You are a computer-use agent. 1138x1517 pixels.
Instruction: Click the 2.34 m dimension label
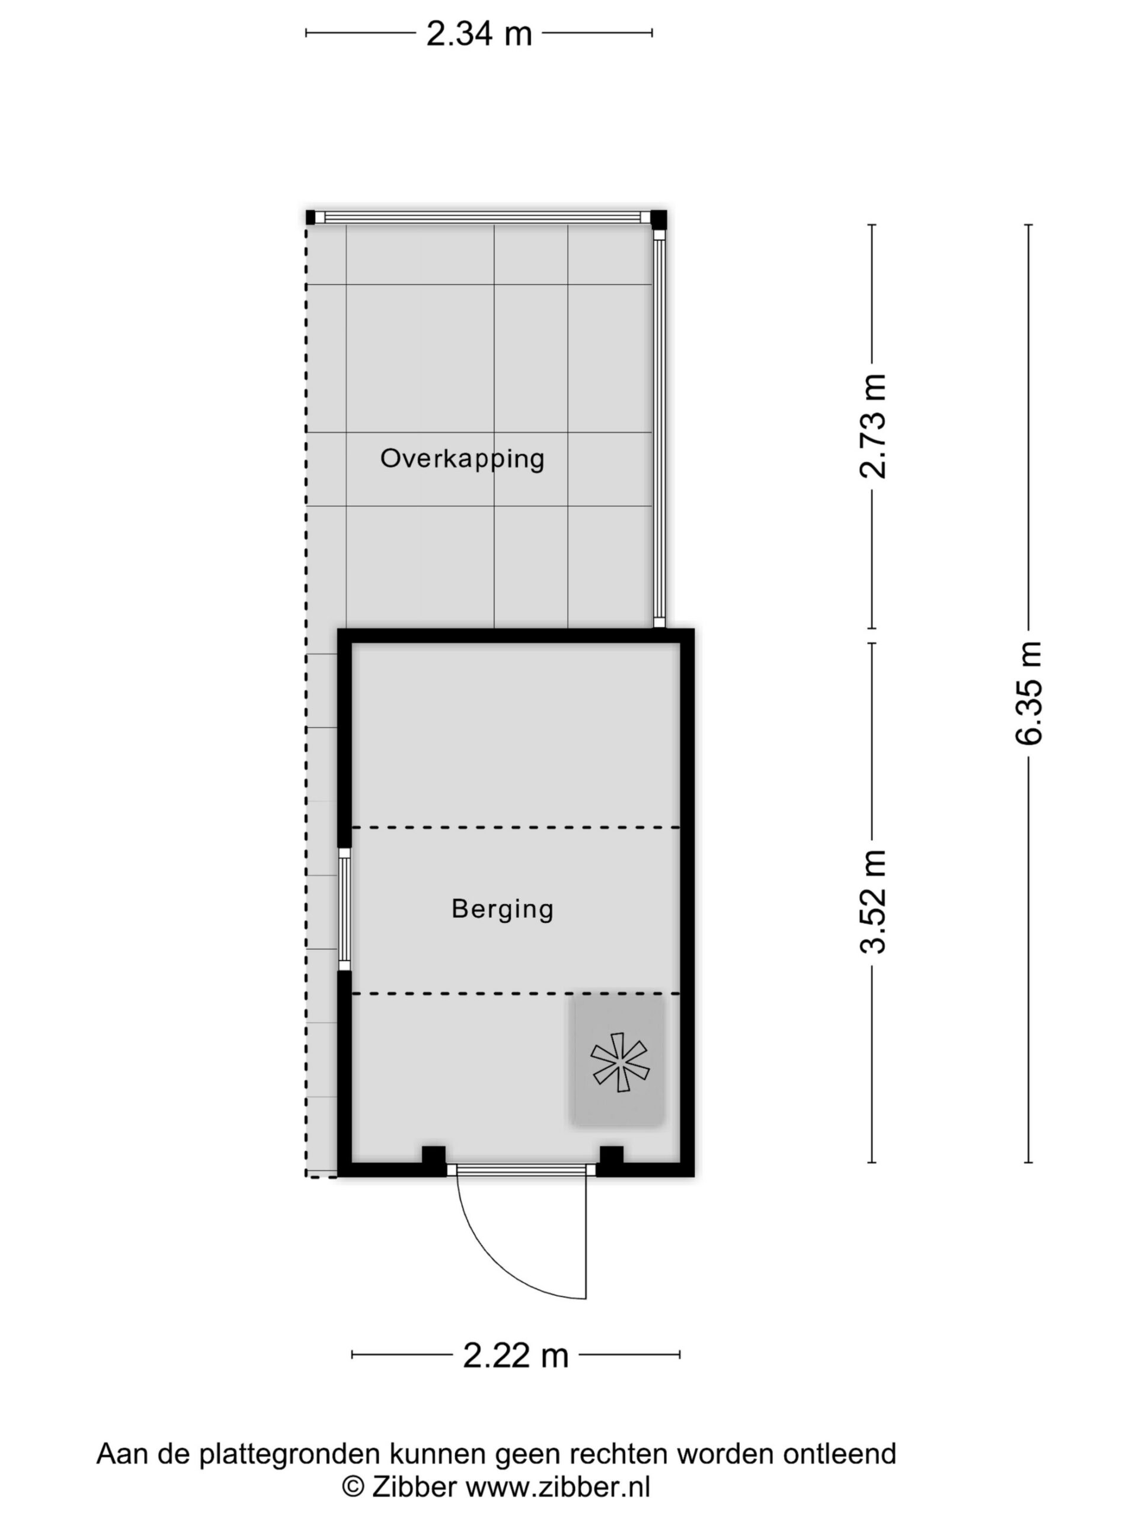click(x=479, y=33)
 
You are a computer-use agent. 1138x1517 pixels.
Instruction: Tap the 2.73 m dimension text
click(x=873, y=426)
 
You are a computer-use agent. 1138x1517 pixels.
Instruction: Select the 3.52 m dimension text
click(x=873, y=901)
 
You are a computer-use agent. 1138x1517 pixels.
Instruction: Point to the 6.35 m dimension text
click(x=1029, y=692)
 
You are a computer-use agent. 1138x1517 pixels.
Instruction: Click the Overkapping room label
click(x=462, y=459)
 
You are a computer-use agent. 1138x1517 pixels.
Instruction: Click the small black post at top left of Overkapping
click(x=311, y=217)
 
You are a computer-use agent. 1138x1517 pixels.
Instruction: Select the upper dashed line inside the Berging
click(x=516, y=828)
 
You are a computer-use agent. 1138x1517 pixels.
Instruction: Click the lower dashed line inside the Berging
click(x=516, y=994)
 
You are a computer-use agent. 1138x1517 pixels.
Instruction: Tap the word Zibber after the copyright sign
click(x=414, y=1487)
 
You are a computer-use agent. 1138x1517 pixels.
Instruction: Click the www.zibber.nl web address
click(x=558, y=1487)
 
